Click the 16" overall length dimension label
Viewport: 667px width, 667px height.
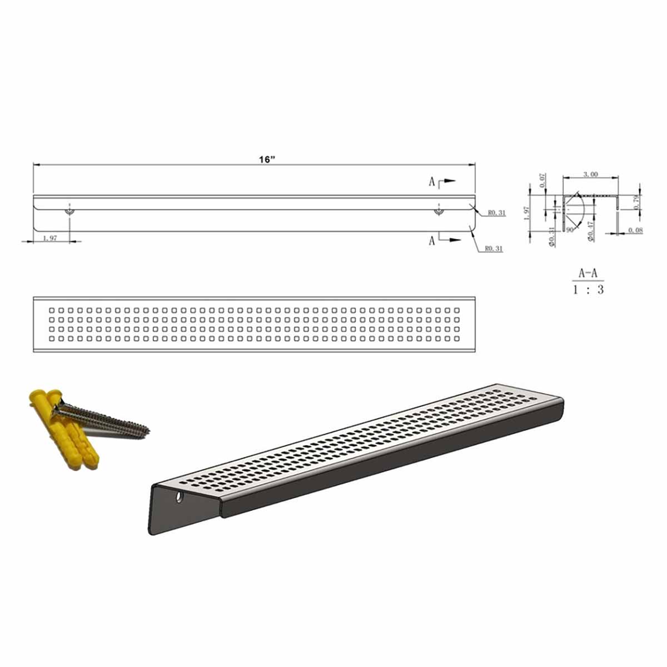click(267, 160)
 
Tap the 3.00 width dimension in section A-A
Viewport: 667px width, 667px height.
click(590, 174)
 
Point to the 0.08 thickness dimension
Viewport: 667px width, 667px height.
click(634, 230)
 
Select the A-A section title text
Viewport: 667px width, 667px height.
click(588, 273)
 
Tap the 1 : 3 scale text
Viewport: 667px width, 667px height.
click(588, 290)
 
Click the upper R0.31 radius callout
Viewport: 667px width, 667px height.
click(496, 213)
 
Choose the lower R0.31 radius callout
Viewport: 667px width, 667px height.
click(494, 249)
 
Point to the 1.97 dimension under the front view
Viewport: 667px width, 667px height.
click(49, 238)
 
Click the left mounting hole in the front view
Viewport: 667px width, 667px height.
click(69, 212)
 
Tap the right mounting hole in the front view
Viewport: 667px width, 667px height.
click(439, 212)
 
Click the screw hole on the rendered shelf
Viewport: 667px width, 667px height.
click(179, 497)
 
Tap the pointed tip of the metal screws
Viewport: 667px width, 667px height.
click(148, 429)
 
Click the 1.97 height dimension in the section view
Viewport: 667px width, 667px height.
click(527, 211)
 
